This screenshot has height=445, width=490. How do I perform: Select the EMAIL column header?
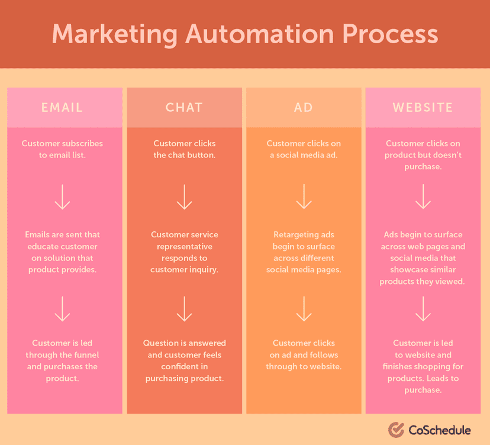62,108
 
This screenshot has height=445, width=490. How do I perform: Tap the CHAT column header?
184,108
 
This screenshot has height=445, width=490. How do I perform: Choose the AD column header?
304,108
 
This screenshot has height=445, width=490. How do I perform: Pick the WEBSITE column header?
423,108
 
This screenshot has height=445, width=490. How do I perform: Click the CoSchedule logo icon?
396,429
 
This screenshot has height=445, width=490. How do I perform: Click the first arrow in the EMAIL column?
62,196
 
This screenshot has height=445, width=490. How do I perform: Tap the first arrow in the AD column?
304,196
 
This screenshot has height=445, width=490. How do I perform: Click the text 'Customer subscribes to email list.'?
62,149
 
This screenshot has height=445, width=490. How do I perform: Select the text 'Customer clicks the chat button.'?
184,149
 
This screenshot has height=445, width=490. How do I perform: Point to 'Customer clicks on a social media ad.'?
304,149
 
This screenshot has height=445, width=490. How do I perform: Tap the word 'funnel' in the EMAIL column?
85,355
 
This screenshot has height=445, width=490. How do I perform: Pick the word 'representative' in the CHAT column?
184,246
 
